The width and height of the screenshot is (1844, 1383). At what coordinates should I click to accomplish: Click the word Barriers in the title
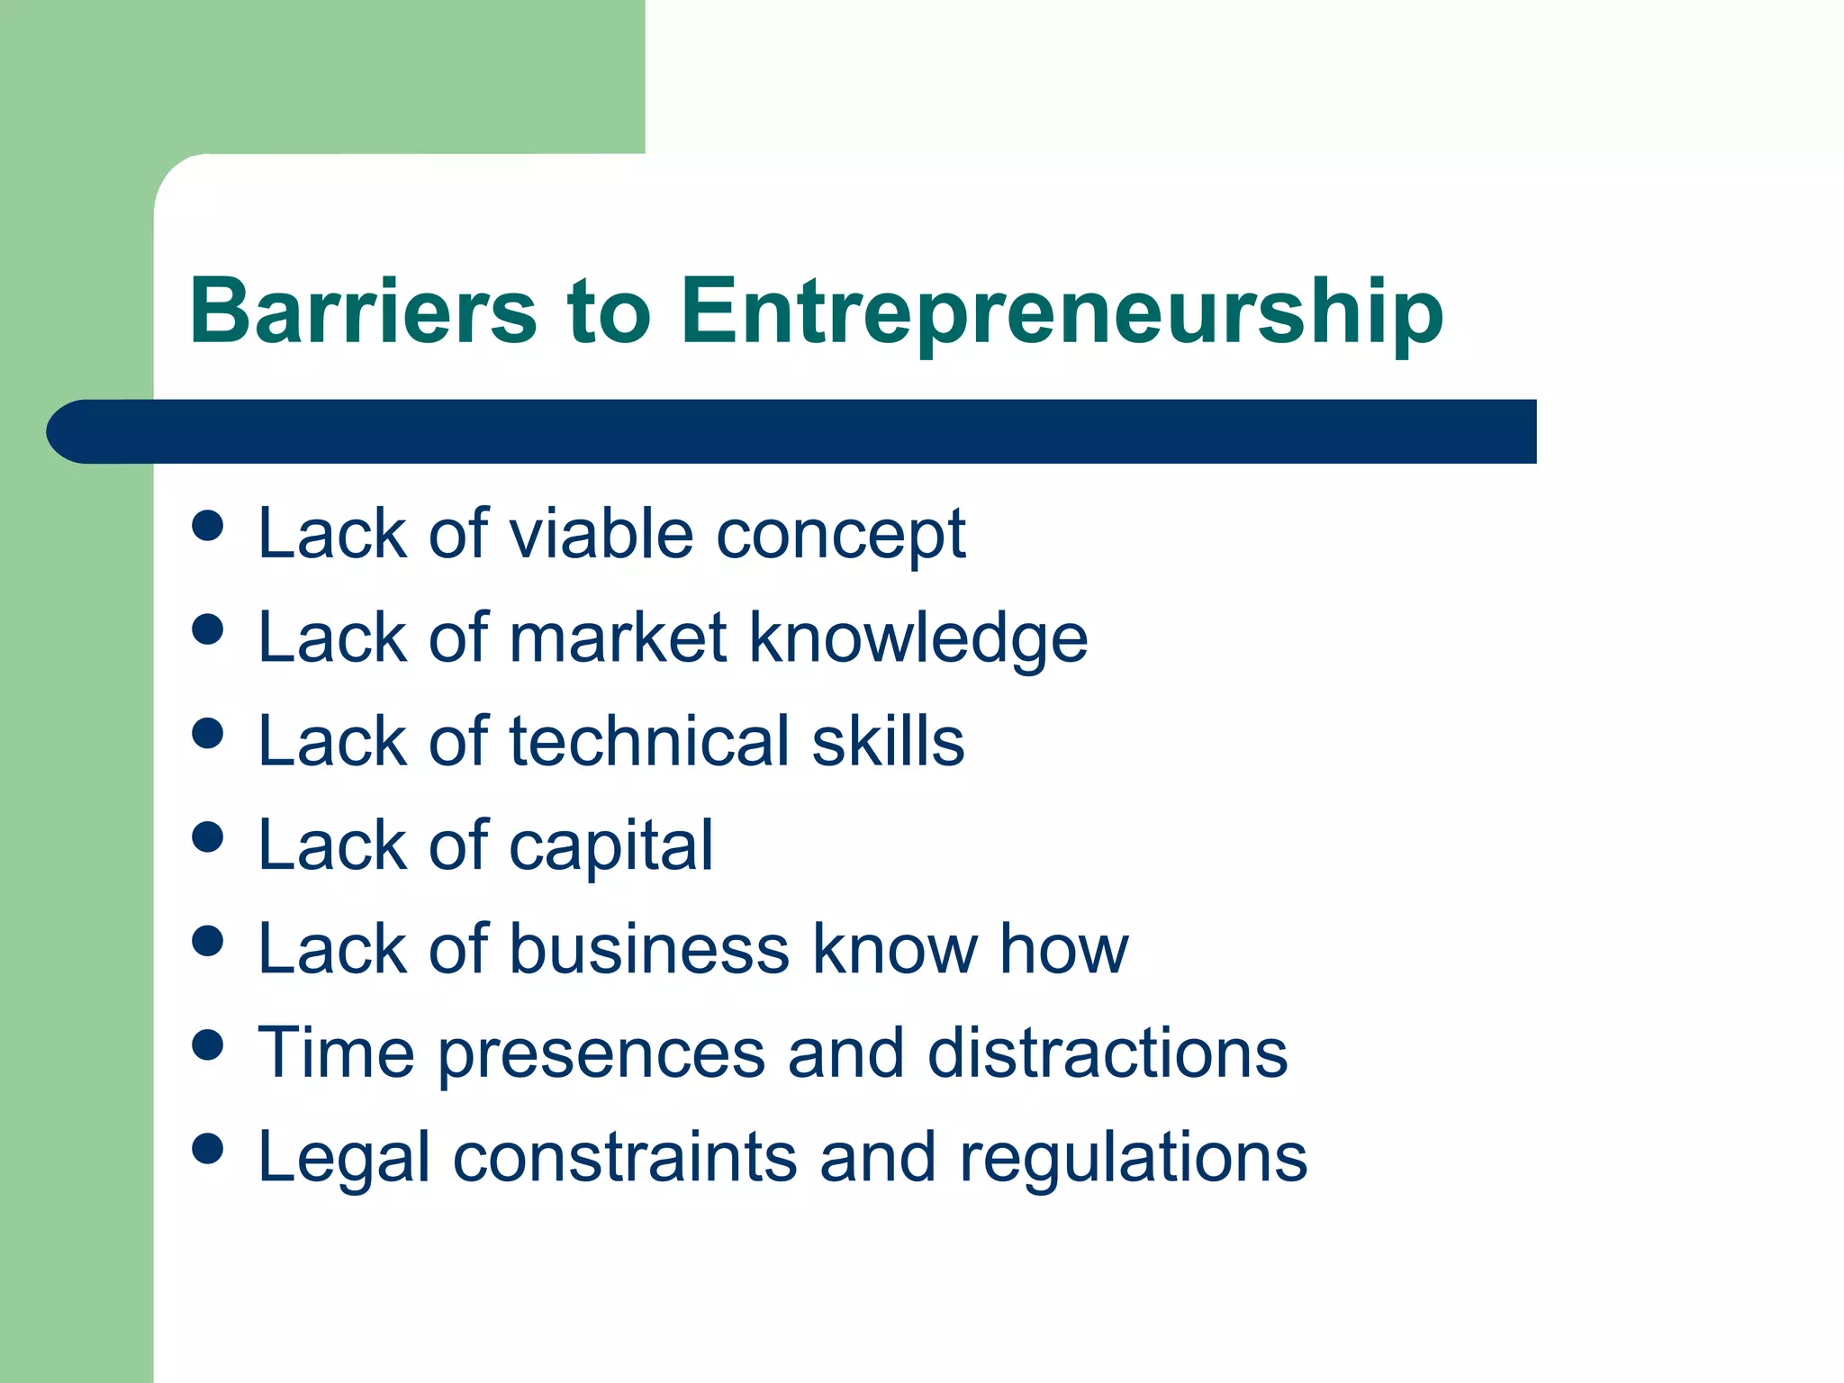tap(363, 311)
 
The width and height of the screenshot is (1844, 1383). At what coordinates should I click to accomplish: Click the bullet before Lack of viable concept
tap(208, 526)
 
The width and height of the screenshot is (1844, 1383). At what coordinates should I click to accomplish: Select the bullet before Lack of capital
tap(208, 837)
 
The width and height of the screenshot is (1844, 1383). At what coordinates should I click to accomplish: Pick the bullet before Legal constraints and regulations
tap(208, 1149)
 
